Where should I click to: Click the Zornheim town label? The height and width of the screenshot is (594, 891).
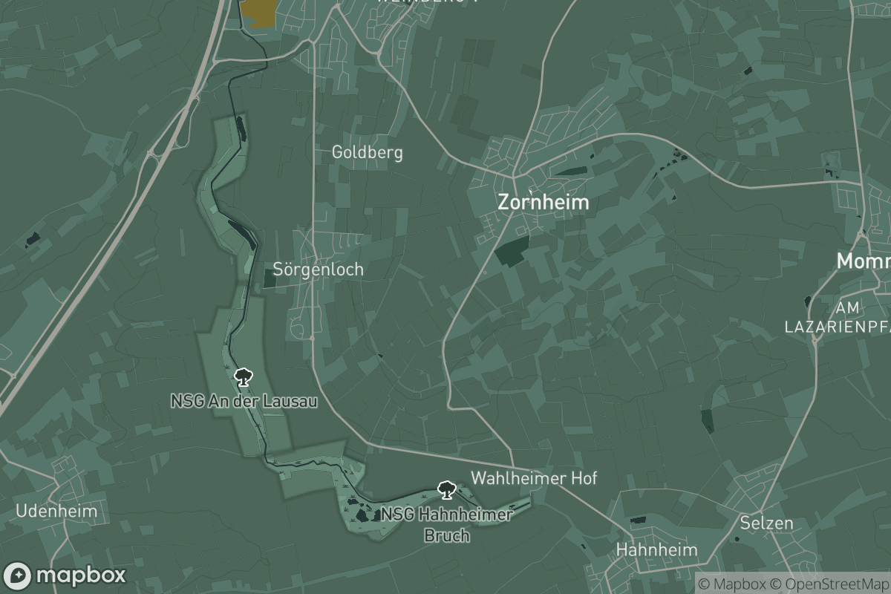click(544, 202)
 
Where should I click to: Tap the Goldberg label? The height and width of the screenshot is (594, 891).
click(367, 153)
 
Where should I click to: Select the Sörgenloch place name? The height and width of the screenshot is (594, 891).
click(319, 269)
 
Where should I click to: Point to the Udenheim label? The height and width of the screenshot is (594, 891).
click(56, 511)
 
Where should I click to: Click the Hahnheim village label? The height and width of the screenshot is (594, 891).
click(657, 549)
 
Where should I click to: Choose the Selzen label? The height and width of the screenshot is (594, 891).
click(766, 523)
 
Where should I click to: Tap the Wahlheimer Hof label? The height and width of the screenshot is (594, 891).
click(534, 478)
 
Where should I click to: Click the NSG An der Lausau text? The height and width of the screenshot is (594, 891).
click(244, 402)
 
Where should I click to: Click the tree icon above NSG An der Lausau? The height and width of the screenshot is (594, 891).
click(241, 378)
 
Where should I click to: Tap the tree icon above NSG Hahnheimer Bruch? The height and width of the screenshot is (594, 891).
click(446, 489)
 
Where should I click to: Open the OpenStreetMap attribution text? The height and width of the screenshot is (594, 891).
click(829, 584)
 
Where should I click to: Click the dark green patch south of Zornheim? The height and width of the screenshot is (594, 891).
click(512, 251)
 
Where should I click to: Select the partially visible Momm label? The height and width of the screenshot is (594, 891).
click(864, 261)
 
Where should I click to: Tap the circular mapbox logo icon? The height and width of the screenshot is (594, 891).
click(17, 575)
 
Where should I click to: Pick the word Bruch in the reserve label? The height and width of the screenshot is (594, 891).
click(446, 535)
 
